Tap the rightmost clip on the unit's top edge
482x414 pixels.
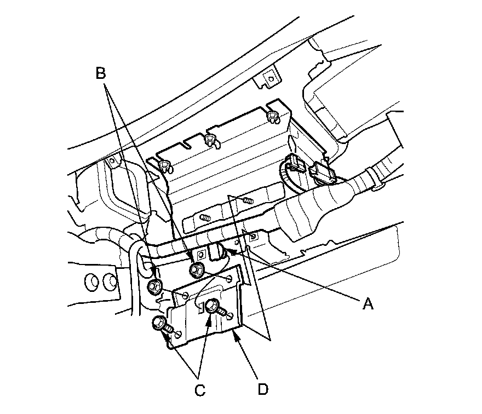click(x=271, y=116)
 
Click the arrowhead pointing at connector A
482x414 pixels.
click(x=227, y=250)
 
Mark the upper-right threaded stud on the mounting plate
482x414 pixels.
click(x=248, y=201)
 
